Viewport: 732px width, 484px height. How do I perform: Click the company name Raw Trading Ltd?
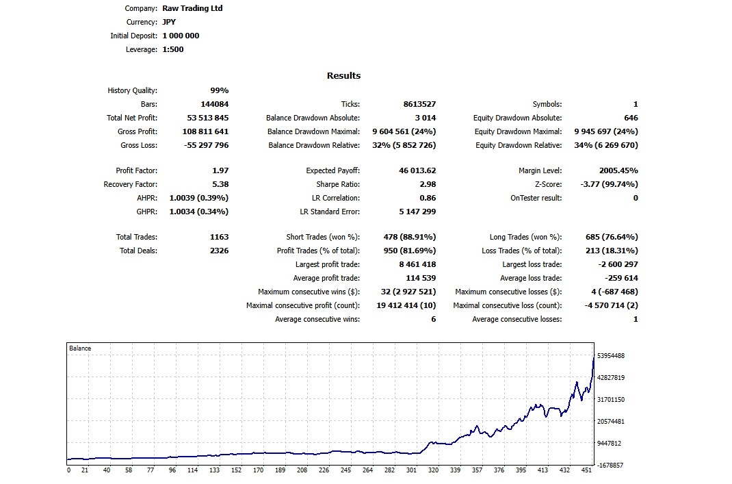coord(192,9)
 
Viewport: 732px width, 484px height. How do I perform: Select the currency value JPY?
coord(169,23)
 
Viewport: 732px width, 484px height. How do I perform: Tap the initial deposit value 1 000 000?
coord(181,36)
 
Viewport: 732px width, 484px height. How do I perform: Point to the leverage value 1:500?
coord(172,49)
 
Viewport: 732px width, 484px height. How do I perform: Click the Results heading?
coord(343,76)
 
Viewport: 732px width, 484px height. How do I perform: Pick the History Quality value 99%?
coord(219,91)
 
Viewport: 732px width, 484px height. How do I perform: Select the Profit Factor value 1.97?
coord(220,170)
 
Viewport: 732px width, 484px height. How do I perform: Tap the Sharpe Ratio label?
coord(338,184)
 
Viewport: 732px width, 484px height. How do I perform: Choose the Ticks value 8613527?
coord(419,105)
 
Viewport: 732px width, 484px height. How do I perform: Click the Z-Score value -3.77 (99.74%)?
coord(605,184)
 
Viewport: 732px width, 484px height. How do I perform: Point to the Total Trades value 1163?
coord(219,237)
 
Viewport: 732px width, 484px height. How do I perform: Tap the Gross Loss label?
coord(139,145)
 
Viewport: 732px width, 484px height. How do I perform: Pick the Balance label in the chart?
coord(80,348)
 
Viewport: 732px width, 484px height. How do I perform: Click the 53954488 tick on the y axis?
coord(610,356)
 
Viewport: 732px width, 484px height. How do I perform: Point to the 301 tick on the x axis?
coord(411,470)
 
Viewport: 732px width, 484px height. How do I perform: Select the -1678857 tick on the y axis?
coord(610,465)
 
